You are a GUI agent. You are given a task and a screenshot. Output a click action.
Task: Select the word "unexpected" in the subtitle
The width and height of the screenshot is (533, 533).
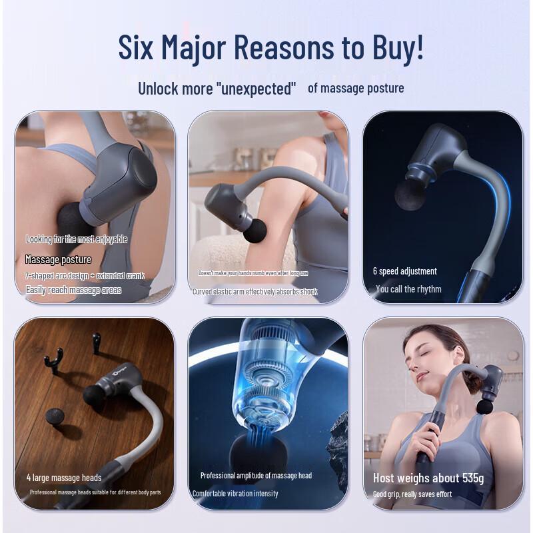coord(256,89)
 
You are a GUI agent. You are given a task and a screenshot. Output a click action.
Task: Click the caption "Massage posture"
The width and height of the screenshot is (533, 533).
coord(58,259)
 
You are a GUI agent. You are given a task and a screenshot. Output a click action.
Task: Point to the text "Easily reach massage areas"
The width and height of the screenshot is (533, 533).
coord(73,290)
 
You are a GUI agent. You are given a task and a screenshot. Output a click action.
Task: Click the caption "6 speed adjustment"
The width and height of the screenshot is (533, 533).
coord(404,271)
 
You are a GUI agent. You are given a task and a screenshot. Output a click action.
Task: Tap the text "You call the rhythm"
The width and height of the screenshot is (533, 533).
coord(408,289)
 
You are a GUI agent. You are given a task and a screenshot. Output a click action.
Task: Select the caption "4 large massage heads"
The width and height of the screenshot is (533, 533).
coord(64,478)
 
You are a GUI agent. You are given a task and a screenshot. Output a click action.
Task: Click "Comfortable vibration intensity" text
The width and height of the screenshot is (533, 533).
coord(235,494)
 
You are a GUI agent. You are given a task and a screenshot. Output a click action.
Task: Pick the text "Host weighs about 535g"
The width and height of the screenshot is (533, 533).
coord(428,478)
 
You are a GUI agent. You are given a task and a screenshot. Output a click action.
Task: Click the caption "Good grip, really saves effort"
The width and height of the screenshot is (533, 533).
coord(412,494)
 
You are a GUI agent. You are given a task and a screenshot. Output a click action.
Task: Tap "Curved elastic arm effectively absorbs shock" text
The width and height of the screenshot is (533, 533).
coord(255,291)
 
